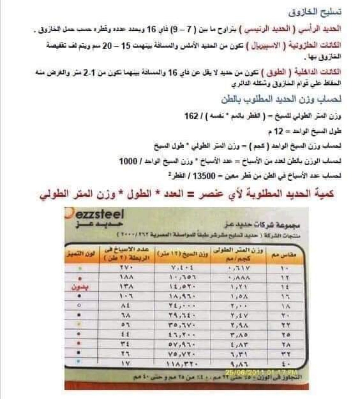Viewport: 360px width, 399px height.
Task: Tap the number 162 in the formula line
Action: [191, 116]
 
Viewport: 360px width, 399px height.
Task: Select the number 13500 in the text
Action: [207, 176]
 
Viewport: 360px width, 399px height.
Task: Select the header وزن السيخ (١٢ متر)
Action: [183, 255]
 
